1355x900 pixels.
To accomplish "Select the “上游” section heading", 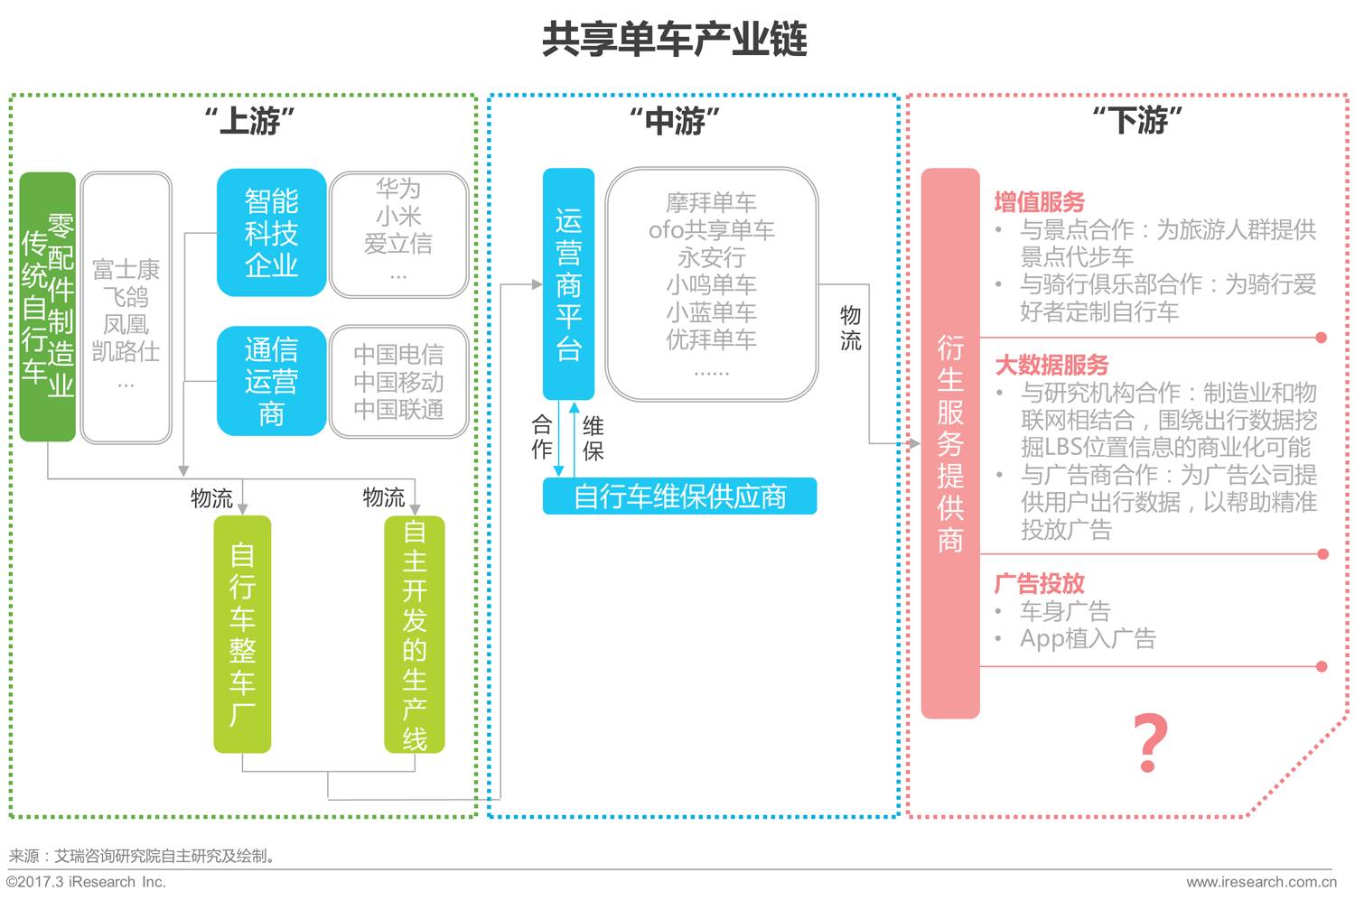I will tap(250, 120).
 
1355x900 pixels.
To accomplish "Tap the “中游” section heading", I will tap(675, 120).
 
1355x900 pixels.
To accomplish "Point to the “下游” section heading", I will tap(1137, 120).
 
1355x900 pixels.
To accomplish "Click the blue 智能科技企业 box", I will tap(271, 233).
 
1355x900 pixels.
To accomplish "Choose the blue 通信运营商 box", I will tap(271, 381).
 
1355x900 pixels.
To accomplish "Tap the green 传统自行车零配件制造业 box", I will tap(47, 307).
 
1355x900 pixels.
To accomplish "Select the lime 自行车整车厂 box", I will tap(242, 634).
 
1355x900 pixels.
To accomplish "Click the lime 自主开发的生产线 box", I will tap(414, 634).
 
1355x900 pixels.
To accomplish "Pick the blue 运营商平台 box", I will tap(568, 284).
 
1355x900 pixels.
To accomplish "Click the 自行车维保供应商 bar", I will tap(679, 496).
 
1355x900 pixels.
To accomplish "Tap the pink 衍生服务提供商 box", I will tap(949, 442).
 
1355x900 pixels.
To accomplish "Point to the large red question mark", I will tap(1150, 743).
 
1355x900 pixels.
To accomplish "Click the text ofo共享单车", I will tap(711, 230).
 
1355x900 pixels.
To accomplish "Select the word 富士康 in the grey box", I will tap(126, 269).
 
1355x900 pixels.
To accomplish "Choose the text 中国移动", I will tap(398, 382).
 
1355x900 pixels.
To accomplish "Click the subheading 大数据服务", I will tap(1051, 365).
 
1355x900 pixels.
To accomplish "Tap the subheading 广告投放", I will tap(1039, 583).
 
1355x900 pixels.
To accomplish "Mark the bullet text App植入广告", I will tap(1088, 638).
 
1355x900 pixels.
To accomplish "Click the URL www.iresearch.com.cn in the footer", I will tap(1260, 882).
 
